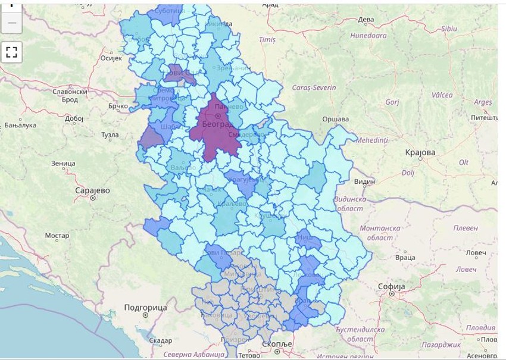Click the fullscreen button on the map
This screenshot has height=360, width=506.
pyautogui.click(x=12, y=52)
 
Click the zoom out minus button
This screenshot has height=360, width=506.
pyautogui.click(x=12, y=23)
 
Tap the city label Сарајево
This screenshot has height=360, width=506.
pyautogui.click(x=92, y=190)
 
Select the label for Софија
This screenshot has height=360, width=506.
pyautogui.click(x=391, y=287)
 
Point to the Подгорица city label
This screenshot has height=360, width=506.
pyautogui.click(x=145, y=307)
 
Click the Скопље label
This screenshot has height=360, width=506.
pyautogui.click(x=278, y=345)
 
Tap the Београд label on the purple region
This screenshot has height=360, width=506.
pyautogui.click(x=218, y=126)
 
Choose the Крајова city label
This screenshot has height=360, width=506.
pyautogui.click(x=420, y=152)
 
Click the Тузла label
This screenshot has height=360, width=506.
pyautogui.click(x=110, y=135)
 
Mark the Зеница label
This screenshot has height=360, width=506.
pyautogui.click(x=63, y=163)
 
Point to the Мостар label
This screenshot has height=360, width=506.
pyautogui.click(x=57, y=236)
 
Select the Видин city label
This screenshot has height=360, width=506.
pyautogui.click(x=364, y=181)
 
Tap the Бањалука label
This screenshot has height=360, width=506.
pyautogui.click(x=20, y=126)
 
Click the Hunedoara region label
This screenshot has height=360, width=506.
pyautogui.click(x=368, y=36)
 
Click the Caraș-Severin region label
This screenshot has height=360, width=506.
pyautogui.click(x=314, y=87)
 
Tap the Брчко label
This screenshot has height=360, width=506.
pyautogui.click(x=118, y=107)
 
